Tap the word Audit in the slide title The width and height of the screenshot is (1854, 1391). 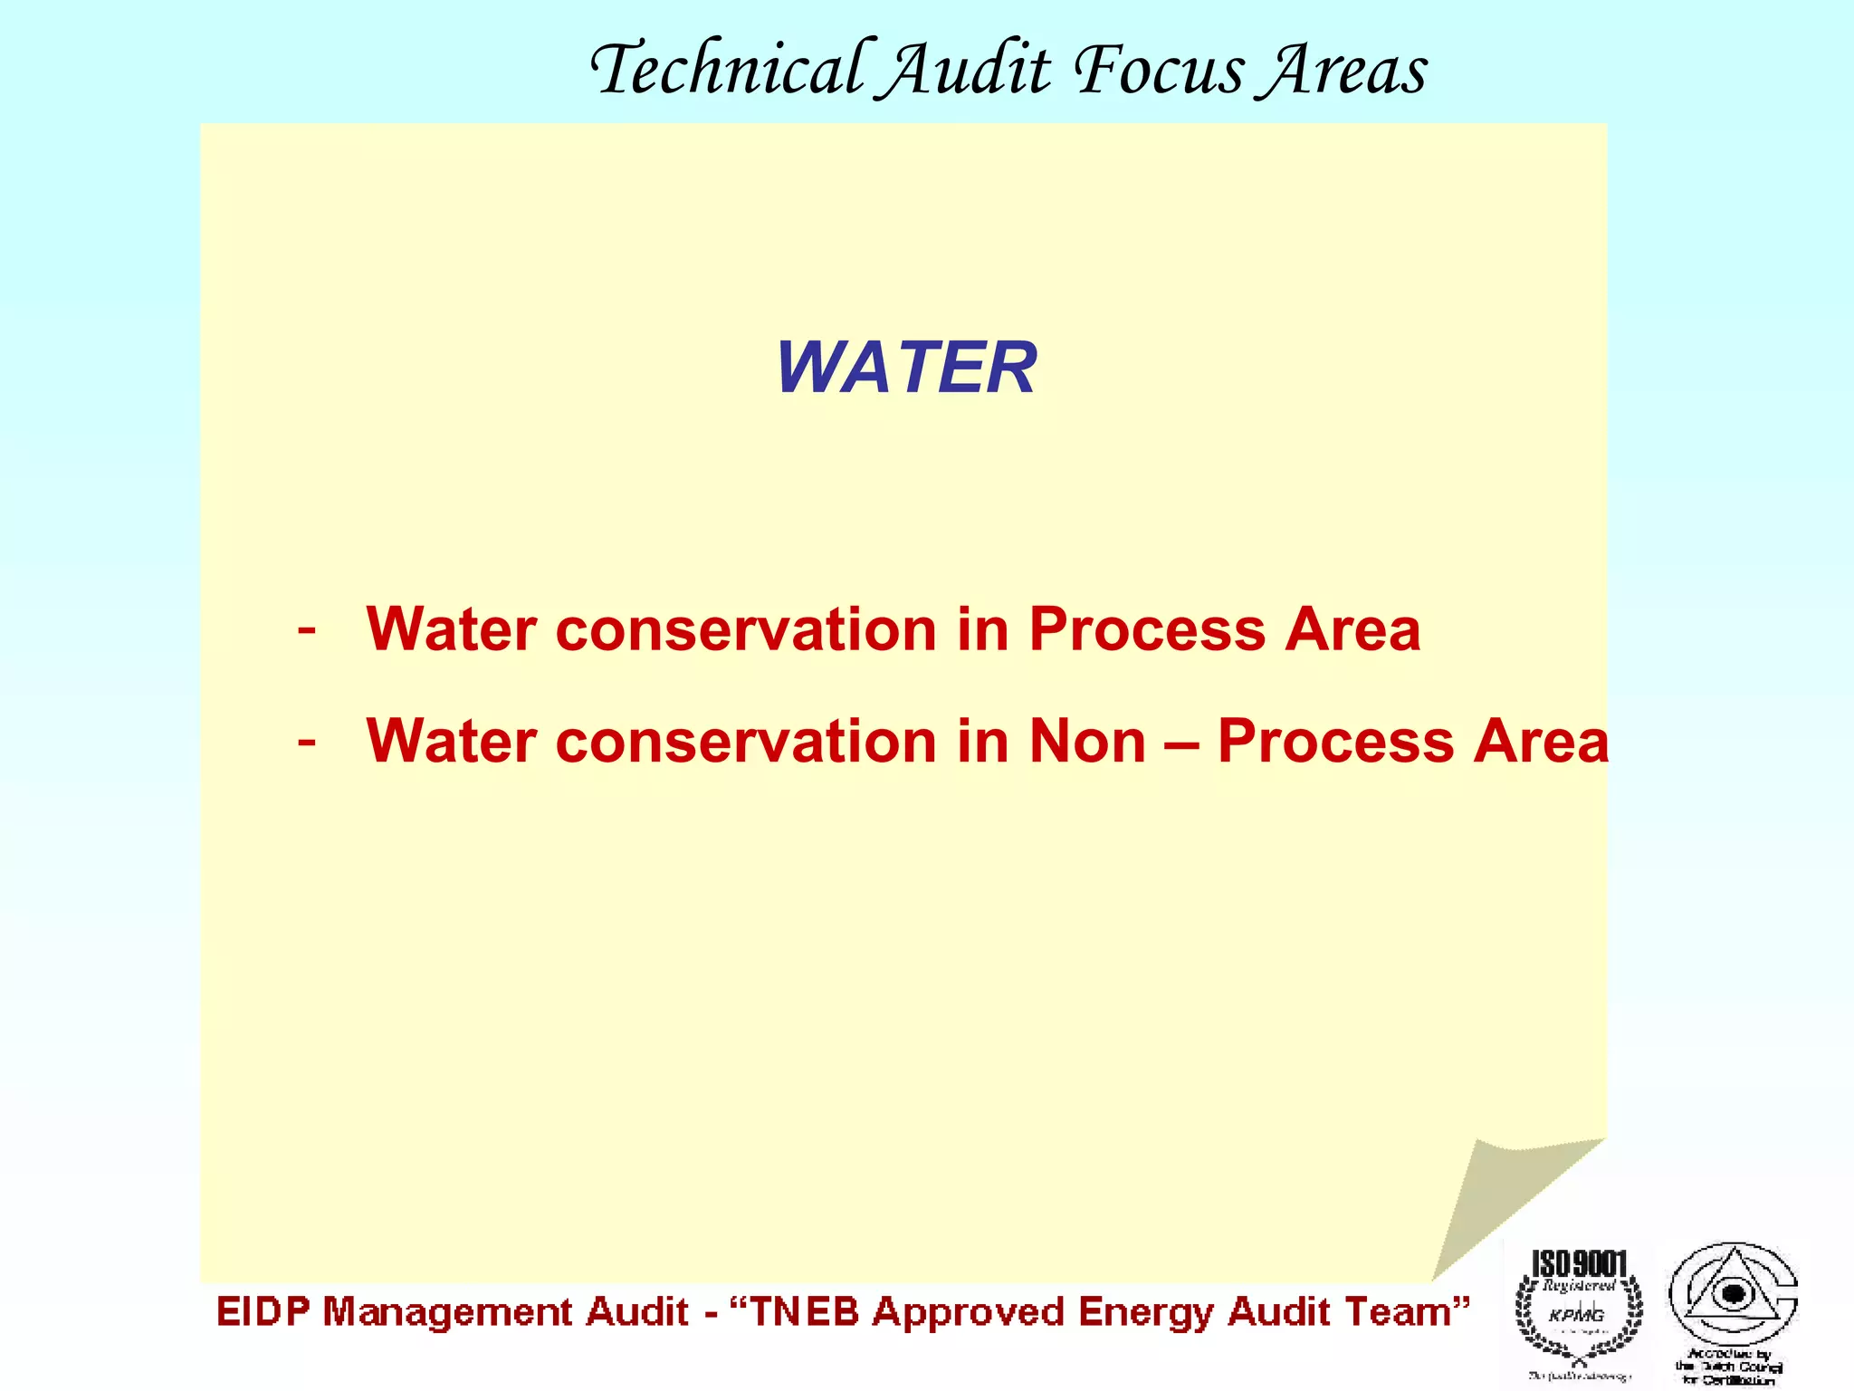[967, 71]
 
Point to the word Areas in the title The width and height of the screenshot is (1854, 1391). [1345, 71]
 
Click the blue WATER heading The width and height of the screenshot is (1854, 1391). [906, 368]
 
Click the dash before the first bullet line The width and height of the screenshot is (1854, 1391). [307, 628]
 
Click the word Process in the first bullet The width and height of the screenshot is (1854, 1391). [1148, 628]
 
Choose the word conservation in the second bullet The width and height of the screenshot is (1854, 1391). [746, 741]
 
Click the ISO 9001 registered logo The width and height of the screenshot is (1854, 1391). [1579, 1308]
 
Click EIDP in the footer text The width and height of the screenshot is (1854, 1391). [263, 1312]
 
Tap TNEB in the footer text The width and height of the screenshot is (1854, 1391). [804, 1312]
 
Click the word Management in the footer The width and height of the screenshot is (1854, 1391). [447, 1312]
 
